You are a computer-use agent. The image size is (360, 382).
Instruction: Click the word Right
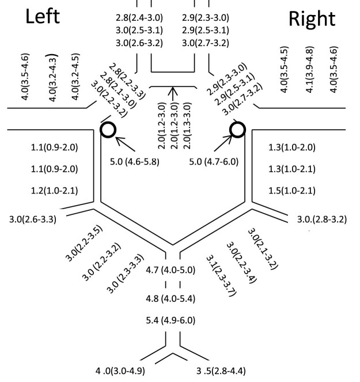pyautogui.click(x=312, y=18)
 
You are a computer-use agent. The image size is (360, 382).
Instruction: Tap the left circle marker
pyautogui.click(x=108, y=129)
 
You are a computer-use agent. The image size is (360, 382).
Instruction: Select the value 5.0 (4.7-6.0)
pyautogui.click(x=214, y=161)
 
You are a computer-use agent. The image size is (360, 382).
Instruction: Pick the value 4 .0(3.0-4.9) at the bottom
pyautogui.click(x=120, y=370)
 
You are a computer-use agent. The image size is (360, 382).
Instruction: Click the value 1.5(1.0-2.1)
pyautogui.click(x=291, y=190)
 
